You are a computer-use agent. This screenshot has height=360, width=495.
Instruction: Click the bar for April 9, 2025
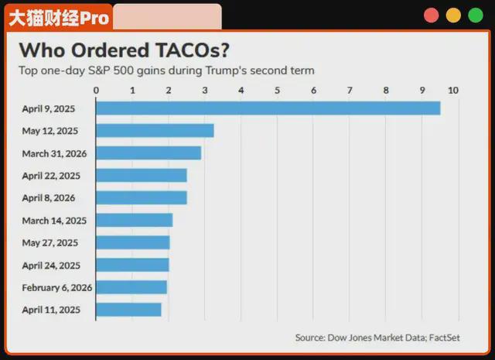[x=268, y=108]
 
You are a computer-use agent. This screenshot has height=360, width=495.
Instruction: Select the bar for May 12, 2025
[x=155, y=131]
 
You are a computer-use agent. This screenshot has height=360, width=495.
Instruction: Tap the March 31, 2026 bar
[x=148, y=153]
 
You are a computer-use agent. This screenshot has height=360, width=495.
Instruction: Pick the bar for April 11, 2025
[x=128, y=310]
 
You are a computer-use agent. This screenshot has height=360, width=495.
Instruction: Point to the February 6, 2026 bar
[x=131, y=287]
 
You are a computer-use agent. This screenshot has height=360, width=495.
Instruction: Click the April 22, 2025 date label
[x=51, y=176]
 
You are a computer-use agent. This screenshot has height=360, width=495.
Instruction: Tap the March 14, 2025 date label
[x=54, y=221]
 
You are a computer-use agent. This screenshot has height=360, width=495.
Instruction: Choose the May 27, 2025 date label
[x=51, y=243]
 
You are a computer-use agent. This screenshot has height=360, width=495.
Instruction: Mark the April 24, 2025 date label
[x=51, y=266]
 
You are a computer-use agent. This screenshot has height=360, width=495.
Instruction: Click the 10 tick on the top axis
[x=453, y=91]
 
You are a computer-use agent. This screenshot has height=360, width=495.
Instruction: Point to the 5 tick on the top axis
[x=278, y=91]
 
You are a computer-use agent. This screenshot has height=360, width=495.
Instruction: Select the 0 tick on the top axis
[x=96, y=91]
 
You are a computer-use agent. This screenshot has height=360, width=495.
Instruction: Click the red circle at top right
[x=431, y=15]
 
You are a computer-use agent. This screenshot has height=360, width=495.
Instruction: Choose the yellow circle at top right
[x=453, y=15]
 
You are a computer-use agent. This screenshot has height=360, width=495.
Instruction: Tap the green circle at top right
[x=474, y=15]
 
